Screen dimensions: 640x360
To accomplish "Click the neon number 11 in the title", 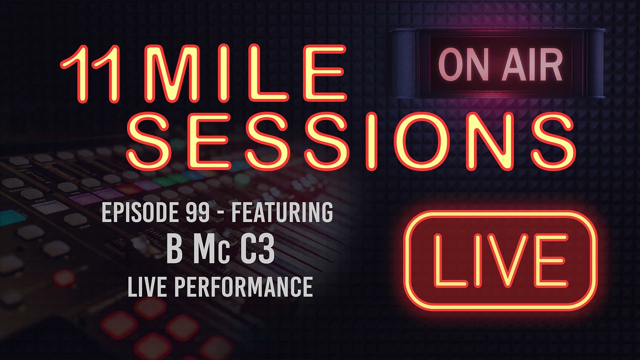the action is point(90,73).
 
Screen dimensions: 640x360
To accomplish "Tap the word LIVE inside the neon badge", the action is point(500,260).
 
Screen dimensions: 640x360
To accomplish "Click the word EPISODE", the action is point(140,212).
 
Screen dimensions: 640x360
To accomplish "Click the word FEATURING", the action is point(282,212).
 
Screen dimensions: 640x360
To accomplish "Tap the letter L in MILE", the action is point(269,73).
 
